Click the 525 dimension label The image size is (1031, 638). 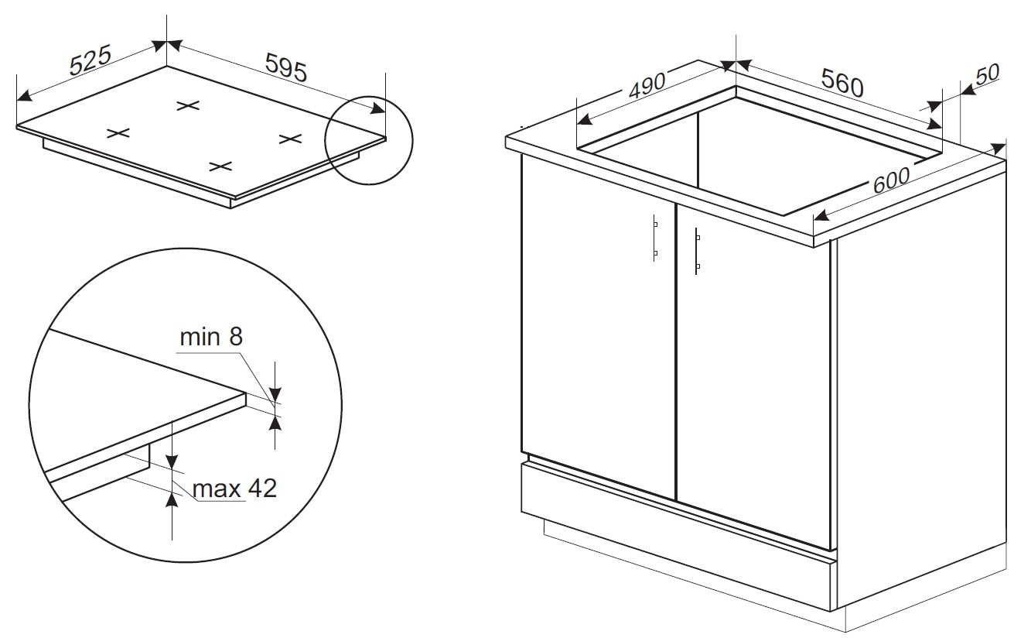(90, 60)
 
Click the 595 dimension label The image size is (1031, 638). (286, 67)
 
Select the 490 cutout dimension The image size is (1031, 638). (647, 86)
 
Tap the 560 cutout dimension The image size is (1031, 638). (842, 83)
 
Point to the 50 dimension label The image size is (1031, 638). (987, 74)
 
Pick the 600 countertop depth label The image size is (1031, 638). (891, 180)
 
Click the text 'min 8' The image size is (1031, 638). (211, 337)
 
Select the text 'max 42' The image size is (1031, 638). (234, 489)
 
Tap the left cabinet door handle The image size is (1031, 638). (655, 238)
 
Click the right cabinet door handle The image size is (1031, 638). (698, 251)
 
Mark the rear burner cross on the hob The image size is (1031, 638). (188, 106)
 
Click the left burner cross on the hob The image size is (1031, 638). (118, 133)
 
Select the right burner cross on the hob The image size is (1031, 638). (291, 138)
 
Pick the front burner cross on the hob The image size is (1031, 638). (220, 166)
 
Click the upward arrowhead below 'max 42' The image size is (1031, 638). (172, 499)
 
